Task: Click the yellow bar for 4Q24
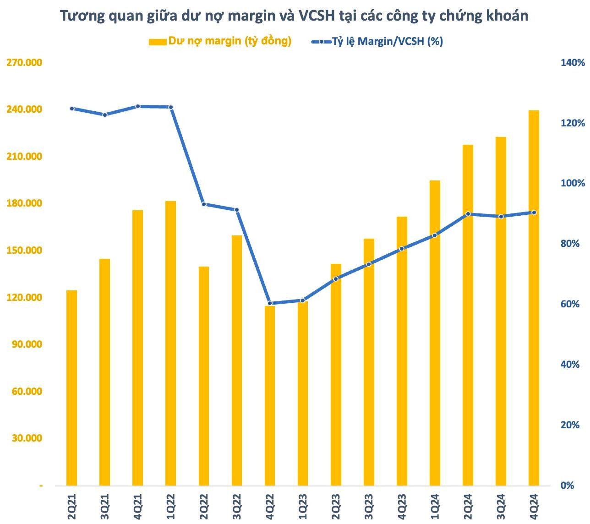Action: (x=534, y=298)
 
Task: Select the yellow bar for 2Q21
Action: (x=72, y=388)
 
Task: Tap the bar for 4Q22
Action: (x=270, y=395)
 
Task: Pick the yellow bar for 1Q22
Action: (x=170, y=343)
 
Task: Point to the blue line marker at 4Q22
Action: (x=270, y=303)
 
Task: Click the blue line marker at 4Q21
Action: (x=138, y=106)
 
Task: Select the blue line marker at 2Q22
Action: (x=204, y=204)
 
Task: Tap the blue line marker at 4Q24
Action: (x=534, y=213)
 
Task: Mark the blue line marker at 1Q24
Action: (x=435, y=235)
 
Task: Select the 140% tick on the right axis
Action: (x=573, y=62)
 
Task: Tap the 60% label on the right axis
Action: (x=570, y=304)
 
